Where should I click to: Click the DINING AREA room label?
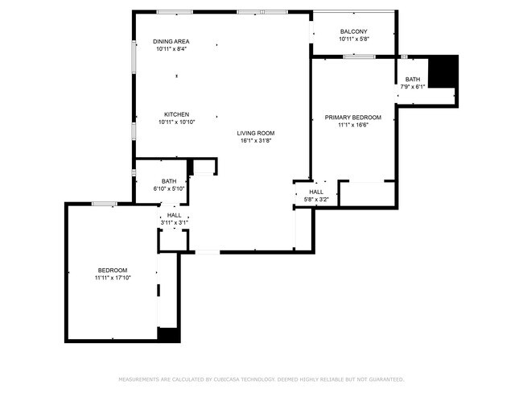pyautogui.click(x=171, y=41)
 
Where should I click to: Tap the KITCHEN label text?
pyautogui.click(x=176, y=114)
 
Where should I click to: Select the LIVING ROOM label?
pyautogui.click(x=256, y=133)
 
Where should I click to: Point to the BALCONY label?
pyautogui.click(x=353, y=31)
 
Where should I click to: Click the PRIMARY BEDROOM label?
pyautogui.click(x=353, y=118)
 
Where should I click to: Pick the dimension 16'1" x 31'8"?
pyautogui.click(x=256, y=141)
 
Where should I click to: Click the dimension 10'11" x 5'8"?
pyautogui.click(x=354, y=39)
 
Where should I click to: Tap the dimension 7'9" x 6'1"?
pyautogui.click(x=413, y=87)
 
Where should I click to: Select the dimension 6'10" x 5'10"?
pyautogui.click(x=169, y=188)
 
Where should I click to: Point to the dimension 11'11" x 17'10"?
pyautogui.click(x=113, y=278)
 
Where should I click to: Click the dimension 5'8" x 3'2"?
pyautogui.click(x=316, y=200)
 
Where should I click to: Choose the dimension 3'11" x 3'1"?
pyautogui.click(x=175, y=222)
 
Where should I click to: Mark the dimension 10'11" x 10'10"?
pyautogui.click(x=177, y=122)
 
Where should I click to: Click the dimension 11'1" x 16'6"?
pyautogui.click(x=353, y=125)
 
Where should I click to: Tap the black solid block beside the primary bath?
pyautogui.click(x=443, y=72)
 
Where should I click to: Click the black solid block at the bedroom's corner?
pyautogui.click(x=169, y=335)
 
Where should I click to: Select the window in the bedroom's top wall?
pyautogui.click(x=105, y=204)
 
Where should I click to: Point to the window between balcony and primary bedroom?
pyautogui.click(x=359, y=56)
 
